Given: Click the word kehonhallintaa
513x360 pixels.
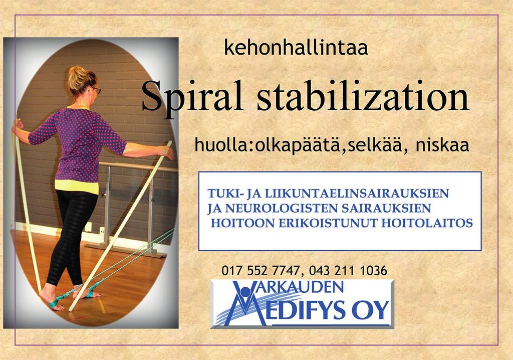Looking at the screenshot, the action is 296,48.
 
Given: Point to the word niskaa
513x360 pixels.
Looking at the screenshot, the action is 442,145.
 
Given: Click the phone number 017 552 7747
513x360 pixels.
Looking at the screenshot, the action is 261,271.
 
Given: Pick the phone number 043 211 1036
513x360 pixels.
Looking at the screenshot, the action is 348,271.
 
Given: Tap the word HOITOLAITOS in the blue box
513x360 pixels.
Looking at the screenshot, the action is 427,223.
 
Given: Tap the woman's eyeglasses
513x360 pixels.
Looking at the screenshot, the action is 96,89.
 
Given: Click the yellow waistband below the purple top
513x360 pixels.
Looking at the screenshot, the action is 77,187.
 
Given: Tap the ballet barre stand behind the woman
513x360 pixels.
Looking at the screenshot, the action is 131,210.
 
